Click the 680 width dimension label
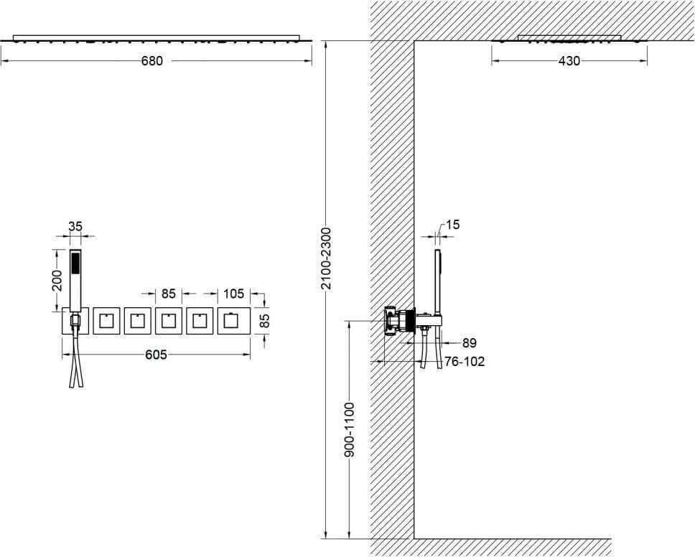(x=152, y=61)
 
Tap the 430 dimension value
(x=569, y=61)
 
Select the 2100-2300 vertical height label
(x=326, y=258)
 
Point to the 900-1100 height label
(x=350, y=429)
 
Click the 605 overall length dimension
(x=156, y=355)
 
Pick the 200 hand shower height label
(x=57, y=280)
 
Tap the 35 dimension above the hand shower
(x=75, y=226)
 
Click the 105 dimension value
(x=233, y=294)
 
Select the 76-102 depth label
(x=465, y=362)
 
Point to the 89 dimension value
(x=469, y=342)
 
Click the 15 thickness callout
(x=452, y=225)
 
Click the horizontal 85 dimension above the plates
(x=169, y=294)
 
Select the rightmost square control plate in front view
(x=233, y=320)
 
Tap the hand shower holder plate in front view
(x=75, y=320)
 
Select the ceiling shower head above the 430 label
(x=569, y=39)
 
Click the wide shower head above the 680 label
(x=156, y=38)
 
